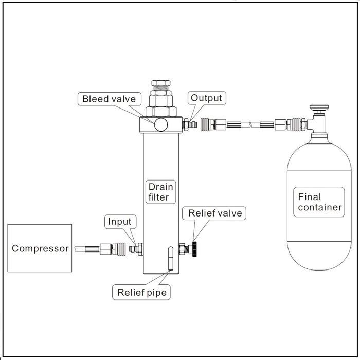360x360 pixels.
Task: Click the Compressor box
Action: click(x=40, y=248)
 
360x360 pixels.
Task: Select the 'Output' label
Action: click(x=206, y=98)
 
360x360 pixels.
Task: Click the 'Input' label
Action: click(x=120, y=222)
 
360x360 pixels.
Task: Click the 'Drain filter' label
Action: click(x=159, y=191)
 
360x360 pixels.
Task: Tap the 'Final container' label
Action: click(x=319, y=202)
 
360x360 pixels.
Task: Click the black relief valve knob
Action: click(x=196, y=248)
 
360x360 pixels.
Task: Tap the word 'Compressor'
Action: click(x=40, y=248)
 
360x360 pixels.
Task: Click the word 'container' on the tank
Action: click(x=319, y=208)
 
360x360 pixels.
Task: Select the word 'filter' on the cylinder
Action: click(x=159, y=196)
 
